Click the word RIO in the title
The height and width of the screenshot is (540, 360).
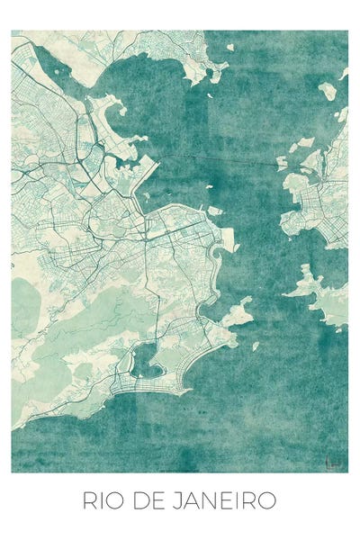[x=103, y=500]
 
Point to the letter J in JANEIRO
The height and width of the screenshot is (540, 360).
[x=181, y=500]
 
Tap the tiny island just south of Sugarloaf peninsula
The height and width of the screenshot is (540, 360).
[x=256, y=345]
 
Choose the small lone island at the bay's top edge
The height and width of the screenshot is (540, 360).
[x=229, y=47]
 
